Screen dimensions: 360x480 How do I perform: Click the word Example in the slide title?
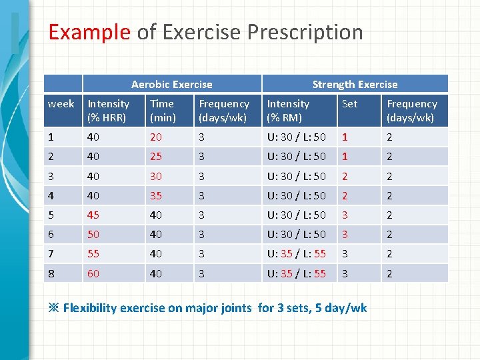pyautogui.click(x=89, y=32)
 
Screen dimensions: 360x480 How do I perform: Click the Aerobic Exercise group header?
pyautogui.click(x=171, y=84)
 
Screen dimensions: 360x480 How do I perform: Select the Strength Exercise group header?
pyautogui.click(x=355, y=84)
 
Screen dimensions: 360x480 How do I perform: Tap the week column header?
pyautogui.click(x=61, y=104)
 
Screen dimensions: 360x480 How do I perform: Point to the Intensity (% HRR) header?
pyautogui.click(x=109, y=111)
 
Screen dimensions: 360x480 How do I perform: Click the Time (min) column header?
pyautogui.click(x=163, y=111)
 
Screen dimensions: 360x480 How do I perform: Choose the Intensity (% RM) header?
pyautogui.click(x=288, y=111)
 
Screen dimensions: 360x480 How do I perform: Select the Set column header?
pyautogui.click(x=349, y=104)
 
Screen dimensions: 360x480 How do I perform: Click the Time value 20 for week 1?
pyautogui.click(x=156, y=137)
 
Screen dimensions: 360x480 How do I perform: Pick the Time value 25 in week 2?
pyautogui.click(x=156, y=157)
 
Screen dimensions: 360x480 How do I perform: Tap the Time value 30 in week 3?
pyautogui.click(x=156, y=176)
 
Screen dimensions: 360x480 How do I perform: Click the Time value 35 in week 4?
pyautogui.click(x=156, y=195)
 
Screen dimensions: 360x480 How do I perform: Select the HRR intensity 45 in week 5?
pyautogui.click(x=94, y=215)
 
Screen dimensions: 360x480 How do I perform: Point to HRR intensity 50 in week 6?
pyautogui.click(x=94, y=235)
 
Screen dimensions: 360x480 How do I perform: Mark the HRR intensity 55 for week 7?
pyautogui.click(x=94, y=254)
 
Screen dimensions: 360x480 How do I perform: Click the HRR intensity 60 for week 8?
pyautogui.click(x=94, y=273)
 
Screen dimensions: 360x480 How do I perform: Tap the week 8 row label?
pyautogui.click(x=51, y=273)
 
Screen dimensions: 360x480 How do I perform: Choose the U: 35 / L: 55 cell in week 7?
pyautogui.click(x=296, y=254)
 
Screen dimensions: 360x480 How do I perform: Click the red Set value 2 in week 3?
pyautogui.click(x=345, y=176)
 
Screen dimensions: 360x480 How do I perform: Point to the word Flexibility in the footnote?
pyautogui.click(x=95, y=308)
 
